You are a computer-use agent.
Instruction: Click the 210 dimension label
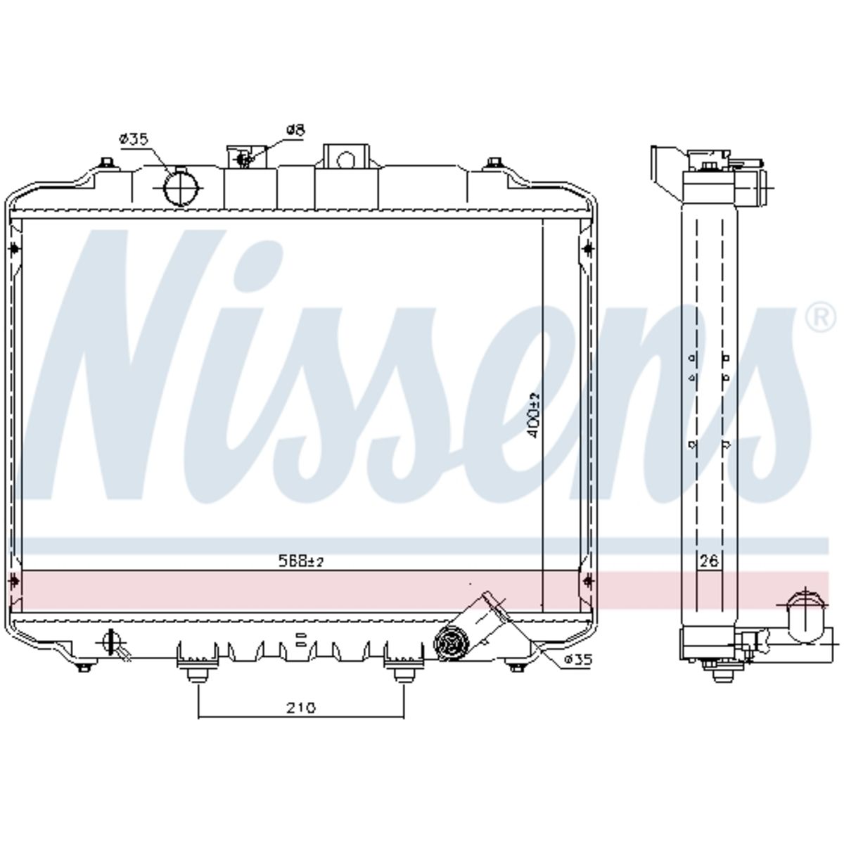pos(300,708)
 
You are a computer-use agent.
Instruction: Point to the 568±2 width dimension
pos(301,562)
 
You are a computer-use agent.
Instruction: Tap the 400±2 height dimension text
pos(535,415)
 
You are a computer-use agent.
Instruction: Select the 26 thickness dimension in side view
pos(709,561)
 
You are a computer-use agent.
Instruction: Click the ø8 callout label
pos(295,131)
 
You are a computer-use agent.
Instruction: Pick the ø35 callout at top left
pos(134,139)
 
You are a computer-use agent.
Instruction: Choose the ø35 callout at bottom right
pos(577,659)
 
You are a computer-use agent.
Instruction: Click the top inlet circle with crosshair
pos(181,188)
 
